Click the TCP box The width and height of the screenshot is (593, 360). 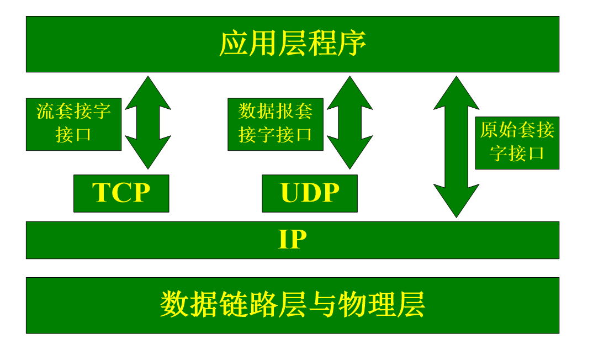(x=121, y=193)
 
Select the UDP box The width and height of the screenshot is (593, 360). (x=309, y=193)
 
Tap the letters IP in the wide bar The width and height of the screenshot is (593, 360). (x=292, y=240)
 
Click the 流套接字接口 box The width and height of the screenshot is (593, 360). (x=73, y=124)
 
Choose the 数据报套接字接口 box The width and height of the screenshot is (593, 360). (x=276, y=124)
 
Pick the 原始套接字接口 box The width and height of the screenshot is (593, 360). (x=517, y=142)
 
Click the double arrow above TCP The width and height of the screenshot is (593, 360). (x=148, y=123)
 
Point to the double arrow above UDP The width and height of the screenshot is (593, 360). (x=350, y=123)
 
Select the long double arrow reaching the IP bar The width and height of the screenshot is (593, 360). (x=457, y=147)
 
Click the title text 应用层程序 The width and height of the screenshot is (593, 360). (x=292, y=44)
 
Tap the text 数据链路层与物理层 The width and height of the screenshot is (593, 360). (x=292, y=305)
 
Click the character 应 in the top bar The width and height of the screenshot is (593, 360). (x=234, y=44)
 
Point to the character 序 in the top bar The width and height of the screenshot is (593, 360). (x=352, y=44)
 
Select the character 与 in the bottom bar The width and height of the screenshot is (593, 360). (x=322, y=305)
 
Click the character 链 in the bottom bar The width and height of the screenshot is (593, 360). (x=234, y=305)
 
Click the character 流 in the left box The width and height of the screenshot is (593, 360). (x=45, y=111)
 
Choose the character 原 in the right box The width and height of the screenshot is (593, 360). (x=489, y=130)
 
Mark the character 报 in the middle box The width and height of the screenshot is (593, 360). (x=285, y=111)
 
